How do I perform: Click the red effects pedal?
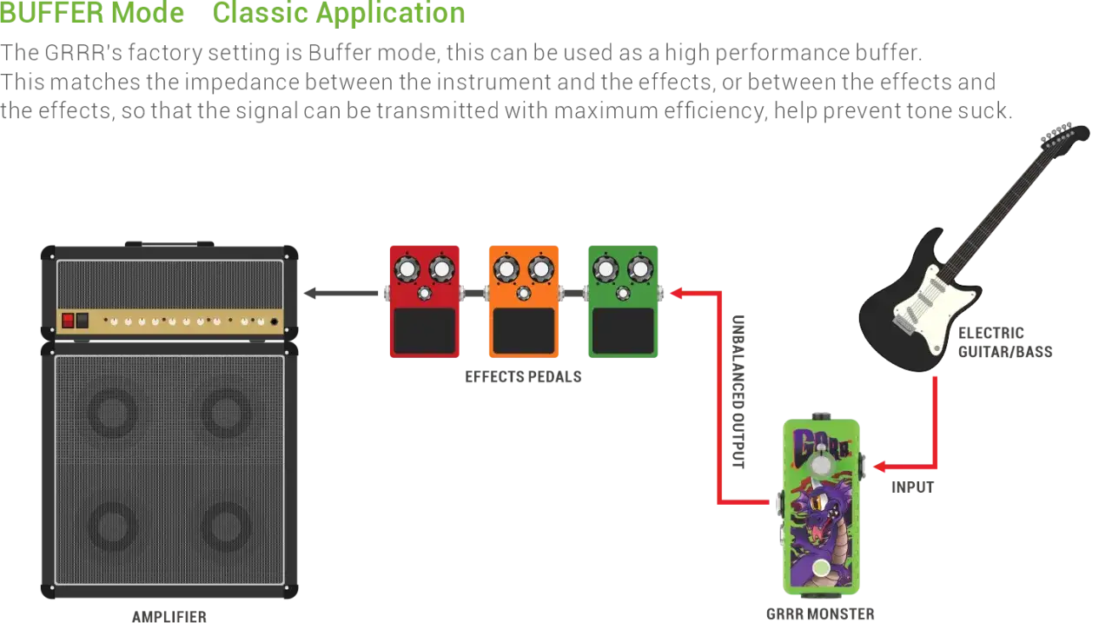(x=425, y=302)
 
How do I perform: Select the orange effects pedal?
(x=524, y=302)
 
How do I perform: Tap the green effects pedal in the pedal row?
(x=623, y=302)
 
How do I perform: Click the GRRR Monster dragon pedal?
(x=821, y=506)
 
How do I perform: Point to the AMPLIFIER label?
(x=169, y=617)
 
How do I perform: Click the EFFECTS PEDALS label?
(x=523, y=377)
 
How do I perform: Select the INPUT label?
(x=912, y=487)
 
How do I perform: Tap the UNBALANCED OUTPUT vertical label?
(x=738, y=392)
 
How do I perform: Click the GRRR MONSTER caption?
(x=820, y=614)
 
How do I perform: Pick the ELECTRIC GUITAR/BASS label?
(x=1005, y=342)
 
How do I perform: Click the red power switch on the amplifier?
(x=68, y=320)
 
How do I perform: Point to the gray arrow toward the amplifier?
(x=341, y=294)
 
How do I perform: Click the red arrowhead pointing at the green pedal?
(x=677, y=294)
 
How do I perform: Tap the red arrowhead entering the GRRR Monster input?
(x=880, y=466)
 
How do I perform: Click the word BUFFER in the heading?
(x=50, y=12)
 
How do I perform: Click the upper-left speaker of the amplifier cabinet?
(x=113, y=412)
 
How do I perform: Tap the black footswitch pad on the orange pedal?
(x=524, y=330)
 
